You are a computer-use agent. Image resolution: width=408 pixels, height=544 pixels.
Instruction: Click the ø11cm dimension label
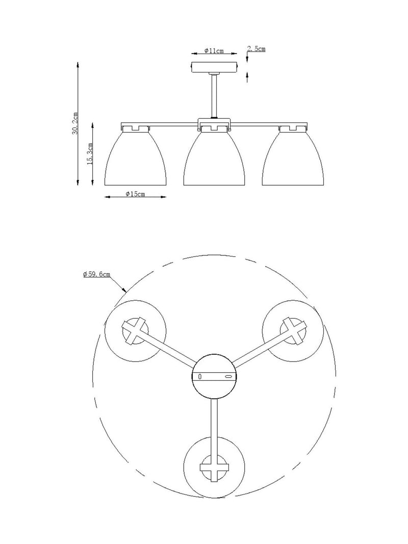[214, 50]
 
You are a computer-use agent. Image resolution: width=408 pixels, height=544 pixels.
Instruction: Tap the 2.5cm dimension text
[257, 49]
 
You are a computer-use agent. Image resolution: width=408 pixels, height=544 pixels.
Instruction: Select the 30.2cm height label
[75, 123]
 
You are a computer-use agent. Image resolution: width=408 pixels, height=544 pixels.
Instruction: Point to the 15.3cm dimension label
[90, 153]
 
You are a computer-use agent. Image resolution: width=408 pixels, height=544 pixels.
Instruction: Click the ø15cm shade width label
[135, 194]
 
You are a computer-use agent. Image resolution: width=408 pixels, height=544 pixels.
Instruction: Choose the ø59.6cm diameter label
[97, 274]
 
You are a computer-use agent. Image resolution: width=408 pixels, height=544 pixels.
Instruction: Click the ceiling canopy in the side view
[215, 67]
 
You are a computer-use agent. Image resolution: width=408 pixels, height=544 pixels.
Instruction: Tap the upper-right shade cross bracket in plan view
[293, 331]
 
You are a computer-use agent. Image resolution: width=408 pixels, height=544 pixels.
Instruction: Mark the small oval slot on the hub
[228, 376]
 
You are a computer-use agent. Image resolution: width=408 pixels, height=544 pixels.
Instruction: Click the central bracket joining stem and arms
[214, 123]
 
